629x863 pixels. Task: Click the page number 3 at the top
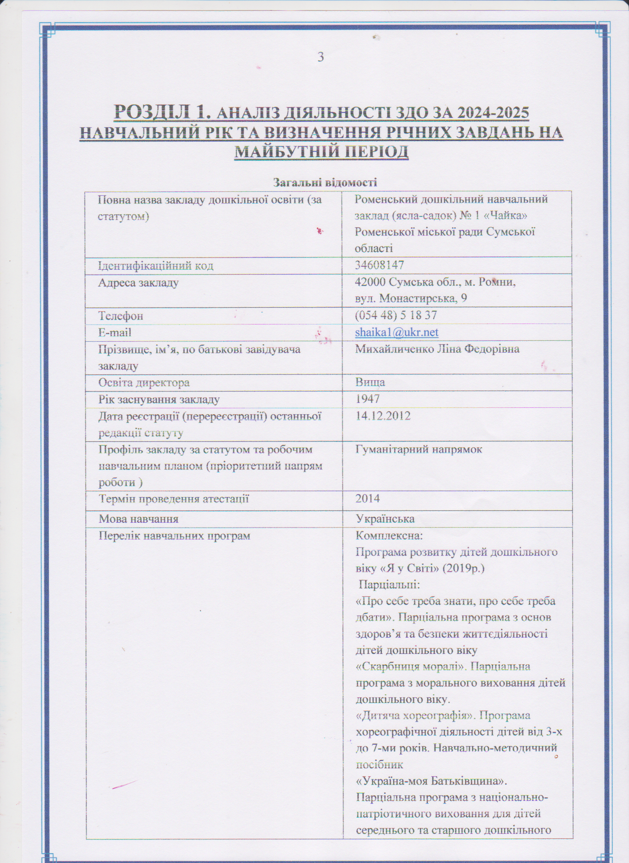point(321,57)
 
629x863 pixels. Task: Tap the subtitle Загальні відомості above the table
point(325,182)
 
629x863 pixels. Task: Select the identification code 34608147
point(379,265)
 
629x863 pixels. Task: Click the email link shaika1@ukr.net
point(397,333)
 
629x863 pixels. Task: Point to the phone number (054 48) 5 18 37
point(396,316)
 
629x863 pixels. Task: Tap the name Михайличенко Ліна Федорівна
point(437,349)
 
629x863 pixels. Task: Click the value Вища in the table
point(370,382)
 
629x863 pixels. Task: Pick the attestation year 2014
point(368,499)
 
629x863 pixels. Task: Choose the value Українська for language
point(385,519)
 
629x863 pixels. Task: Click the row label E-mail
point(114,333)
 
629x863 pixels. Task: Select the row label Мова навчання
point(139,519)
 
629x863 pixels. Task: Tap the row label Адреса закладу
point(138,283)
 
